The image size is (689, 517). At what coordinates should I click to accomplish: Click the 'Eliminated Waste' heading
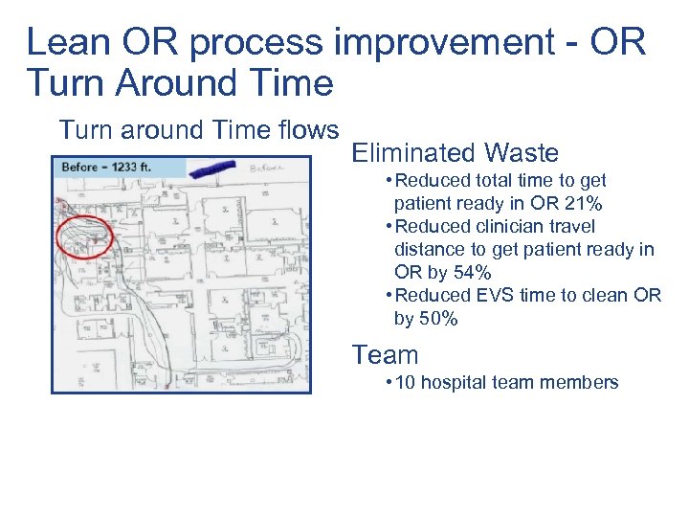click(456, 152)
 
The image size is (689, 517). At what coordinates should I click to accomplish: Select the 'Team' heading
click(385, 355)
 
